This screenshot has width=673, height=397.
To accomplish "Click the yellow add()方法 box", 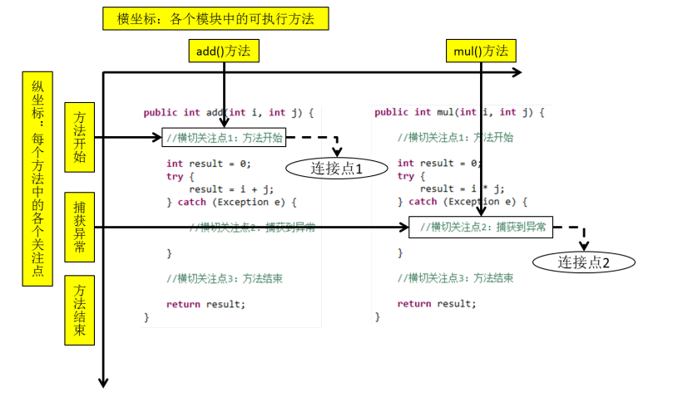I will coord(223,51).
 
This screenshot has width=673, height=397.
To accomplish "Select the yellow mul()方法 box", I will coord(480,51).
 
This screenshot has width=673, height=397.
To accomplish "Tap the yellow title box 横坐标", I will coord(215,19).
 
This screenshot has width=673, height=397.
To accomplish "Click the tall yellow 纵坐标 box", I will coord(38,179).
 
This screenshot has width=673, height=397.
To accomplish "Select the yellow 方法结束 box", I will coord(79,311).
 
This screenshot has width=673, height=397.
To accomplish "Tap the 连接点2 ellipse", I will coord(584,262).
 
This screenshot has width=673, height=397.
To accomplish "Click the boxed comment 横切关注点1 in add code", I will coord(224,138).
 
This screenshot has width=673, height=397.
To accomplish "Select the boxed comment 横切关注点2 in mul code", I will coord(482,226).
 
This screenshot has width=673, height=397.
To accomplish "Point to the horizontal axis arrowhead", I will coord(517,73).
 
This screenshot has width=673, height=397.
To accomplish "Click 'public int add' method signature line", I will coord(228,112).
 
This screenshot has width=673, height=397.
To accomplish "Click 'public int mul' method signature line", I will coord(458,112).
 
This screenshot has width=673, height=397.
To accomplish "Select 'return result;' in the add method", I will coord(205,304).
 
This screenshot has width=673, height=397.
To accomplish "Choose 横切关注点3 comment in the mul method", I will coord(455,278).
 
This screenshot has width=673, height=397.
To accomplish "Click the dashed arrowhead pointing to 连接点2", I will coord(584,246).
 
